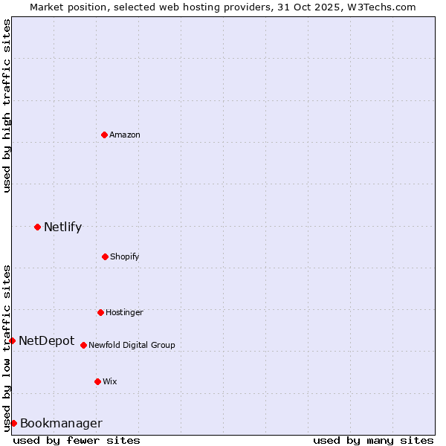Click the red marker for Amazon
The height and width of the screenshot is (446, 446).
point(104,135)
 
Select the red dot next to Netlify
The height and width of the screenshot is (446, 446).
point(37,227)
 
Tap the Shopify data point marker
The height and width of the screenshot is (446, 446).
point(105,256)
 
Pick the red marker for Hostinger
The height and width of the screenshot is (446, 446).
point(100,312)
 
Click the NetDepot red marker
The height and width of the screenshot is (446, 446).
point(12,340)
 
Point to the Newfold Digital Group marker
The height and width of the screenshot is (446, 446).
point(83,345)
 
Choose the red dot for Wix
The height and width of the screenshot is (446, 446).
point(97,381)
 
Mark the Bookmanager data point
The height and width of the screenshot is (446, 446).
point(13,423)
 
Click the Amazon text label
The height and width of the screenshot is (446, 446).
point(125,135)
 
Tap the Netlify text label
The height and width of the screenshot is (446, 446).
point(62,227)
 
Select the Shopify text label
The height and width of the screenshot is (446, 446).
point(125,256)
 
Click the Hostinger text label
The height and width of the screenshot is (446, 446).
point(124,312)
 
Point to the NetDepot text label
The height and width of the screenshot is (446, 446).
point(46,340)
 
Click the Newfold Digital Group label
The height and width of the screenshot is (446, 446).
point(132,345)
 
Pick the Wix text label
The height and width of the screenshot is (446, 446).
point(110,381)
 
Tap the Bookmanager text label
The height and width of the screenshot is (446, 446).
point(61,423)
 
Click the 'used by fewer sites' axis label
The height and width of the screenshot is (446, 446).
point(77,440)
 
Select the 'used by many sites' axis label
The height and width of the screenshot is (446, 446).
point(373,440)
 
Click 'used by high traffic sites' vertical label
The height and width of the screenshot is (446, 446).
point(7,106)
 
